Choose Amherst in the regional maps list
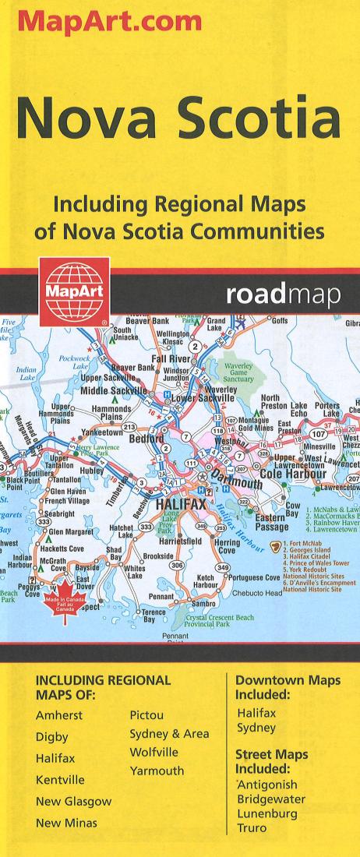(59, 715)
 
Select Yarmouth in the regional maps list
(157, 771)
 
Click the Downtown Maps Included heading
(288, 686)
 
